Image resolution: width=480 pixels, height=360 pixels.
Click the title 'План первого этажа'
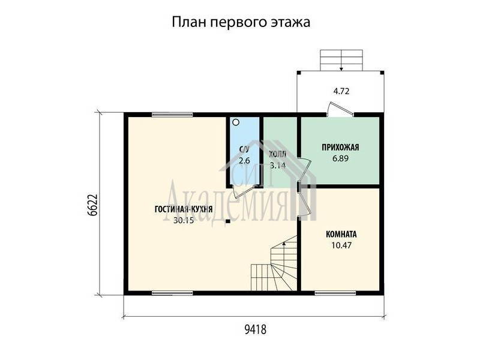(241, 22)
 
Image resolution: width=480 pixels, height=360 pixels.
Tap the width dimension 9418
(256, 329)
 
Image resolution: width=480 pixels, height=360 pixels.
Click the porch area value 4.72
(341, 91)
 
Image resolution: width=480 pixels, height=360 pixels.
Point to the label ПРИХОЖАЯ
(340, 148)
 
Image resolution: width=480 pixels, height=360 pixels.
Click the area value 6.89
(340, 158)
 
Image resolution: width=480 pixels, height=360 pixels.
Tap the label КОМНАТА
(341, 235)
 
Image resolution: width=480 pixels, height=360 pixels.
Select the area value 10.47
(341, 245)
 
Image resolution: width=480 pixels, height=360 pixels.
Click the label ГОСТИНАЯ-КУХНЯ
(184, 209)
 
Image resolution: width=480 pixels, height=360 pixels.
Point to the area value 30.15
(184, 220)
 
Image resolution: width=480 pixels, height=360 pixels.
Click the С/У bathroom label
(244, 149)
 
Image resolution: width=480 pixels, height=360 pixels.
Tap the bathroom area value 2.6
(244, 160)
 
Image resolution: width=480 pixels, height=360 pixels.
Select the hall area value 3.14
(278, 166)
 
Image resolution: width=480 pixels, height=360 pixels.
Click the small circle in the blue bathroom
(236, 123)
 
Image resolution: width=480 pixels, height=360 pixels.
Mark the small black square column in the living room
(228, 221)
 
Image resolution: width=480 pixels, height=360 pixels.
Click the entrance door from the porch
(340, 110)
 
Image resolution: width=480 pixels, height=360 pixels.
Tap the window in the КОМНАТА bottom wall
(335, 293)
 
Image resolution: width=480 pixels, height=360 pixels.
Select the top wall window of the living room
(172, 115)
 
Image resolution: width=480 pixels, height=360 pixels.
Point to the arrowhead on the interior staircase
(284, 244)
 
